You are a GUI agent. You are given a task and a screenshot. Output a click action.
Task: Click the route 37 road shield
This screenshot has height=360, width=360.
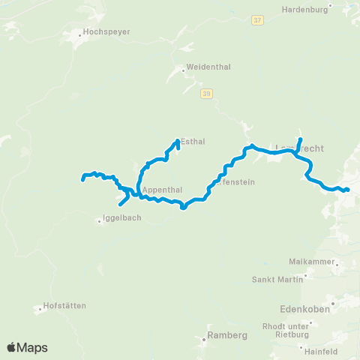tap(256, 21)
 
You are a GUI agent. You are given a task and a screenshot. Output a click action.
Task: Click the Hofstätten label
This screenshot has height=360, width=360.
tap(64, 305)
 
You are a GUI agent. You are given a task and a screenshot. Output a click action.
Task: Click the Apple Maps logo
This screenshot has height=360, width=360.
tap(27, 347)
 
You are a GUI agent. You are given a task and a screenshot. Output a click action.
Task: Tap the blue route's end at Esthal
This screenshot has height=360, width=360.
tap(178, 139)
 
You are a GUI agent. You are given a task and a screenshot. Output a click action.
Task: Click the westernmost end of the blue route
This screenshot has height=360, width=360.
tap(82, 178)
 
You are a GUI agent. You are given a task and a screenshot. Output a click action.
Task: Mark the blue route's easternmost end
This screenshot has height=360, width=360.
tap(348, 190)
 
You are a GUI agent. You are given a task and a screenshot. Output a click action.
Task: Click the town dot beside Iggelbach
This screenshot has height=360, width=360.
tap(99, 220)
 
